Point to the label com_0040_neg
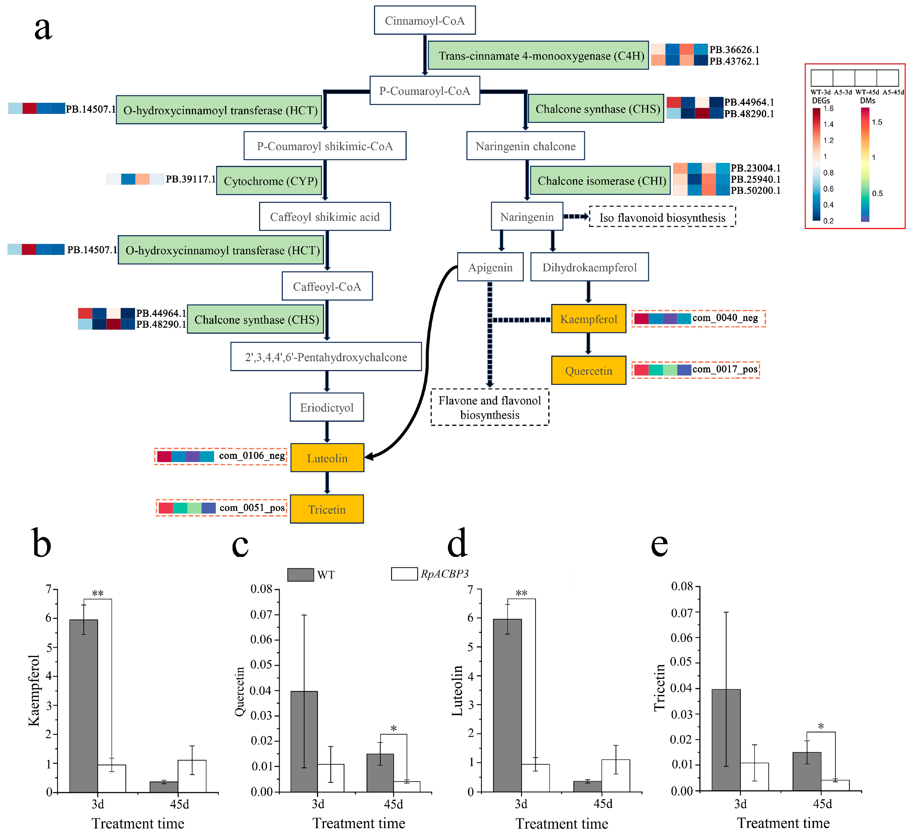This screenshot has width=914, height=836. click(724, 318)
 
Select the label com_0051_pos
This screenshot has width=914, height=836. click(252, 508)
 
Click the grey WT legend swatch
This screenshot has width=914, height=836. click(300, 574)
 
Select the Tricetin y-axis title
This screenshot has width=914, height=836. click(660, 687)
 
